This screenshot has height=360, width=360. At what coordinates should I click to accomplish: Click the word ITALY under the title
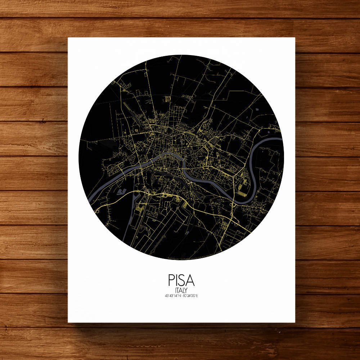[x=181, y=290]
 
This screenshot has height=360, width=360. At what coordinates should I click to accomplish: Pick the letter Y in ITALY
[x=186, y=290]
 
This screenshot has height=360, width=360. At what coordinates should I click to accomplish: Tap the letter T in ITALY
[x=178, y=290]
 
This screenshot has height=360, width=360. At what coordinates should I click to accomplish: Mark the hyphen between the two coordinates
[x=181, y=296]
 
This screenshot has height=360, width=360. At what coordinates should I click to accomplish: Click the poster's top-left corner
[x=68, y=38]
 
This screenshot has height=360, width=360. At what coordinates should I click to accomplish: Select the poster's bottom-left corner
[x=68, y=322]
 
